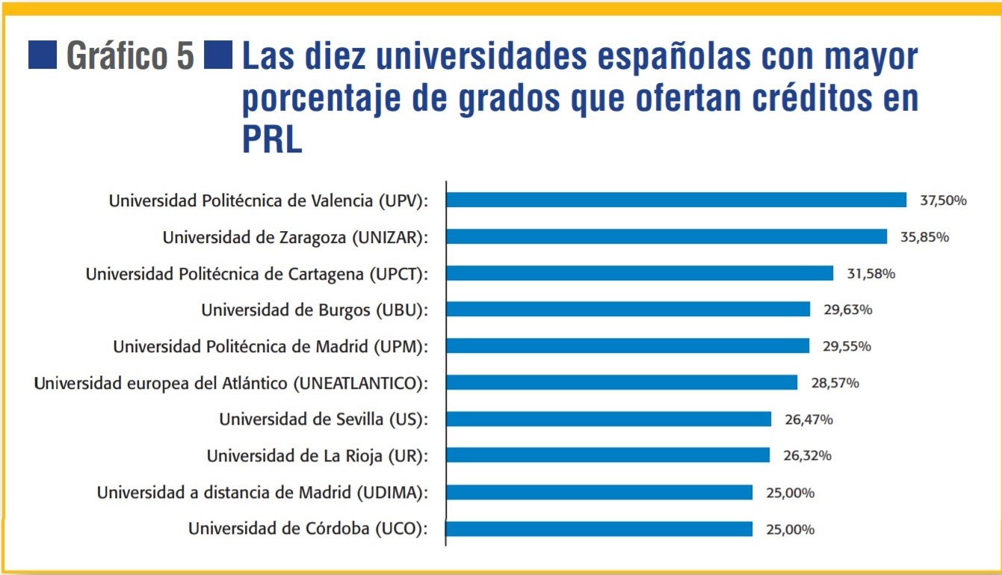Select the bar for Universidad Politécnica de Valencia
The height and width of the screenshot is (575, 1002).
(x=676, y=200)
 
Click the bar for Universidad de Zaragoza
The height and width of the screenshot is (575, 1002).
(x=667, y=236)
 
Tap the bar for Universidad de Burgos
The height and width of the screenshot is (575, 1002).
(x=628, y=309)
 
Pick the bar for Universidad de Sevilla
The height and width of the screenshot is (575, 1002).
(x=609, y=419)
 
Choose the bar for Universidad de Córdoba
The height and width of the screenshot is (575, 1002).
(x=599, y=529)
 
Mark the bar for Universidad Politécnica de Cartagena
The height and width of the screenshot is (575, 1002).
(x=640, y=273)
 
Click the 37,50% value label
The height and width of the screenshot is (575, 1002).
(x=942, y=200)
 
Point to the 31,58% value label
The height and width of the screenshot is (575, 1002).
(x=870, y=274)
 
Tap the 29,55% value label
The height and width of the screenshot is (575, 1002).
(x=847, y=346)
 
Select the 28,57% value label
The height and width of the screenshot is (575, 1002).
(x=835, y=383)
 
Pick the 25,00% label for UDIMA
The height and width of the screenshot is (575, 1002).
(x=790, y=493)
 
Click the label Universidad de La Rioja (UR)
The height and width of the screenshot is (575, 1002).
(x=318, y=455)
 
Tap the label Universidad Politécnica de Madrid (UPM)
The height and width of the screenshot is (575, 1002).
(x=270, y=346)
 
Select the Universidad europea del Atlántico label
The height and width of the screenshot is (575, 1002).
(x=232, y=383)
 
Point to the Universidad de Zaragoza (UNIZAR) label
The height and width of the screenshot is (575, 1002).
(x=295, y=237)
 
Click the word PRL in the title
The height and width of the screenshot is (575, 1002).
(x=272, y=139)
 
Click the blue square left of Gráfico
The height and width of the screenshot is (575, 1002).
(x=43, y=56)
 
